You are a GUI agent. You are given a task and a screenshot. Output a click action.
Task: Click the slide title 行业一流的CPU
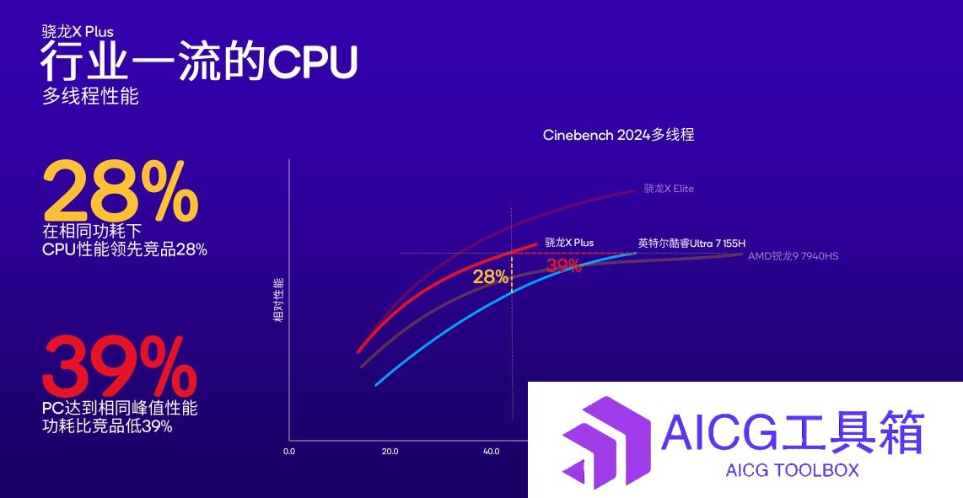pos(198,62)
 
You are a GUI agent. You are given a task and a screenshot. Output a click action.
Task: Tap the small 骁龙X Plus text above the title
pos(78,31)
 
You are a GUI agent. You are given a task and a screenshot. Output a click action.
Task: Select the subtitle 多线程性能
pos(90,96)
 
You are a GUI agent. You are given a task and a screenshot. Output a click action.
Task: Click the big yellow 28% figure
pos(121,190)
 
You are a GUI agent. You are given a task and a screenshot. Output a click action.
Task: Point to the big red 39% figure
pos(120,367)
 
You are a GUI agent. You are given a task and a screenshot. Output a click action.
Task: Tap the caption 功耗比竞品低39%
pos(107,426)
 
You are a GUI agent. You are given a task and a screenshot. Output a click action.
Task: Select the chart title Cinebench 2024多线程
pos(618,135)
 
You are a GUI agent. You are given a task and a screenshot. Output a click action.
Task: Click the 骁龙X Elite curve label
pos(669,189)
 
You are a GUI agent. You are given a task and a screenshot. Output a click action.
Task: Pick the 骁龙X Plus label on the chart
pos(569,243)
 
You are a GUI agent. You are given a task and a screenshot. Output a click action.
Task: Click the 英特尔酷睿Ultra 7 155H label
pos(691,244)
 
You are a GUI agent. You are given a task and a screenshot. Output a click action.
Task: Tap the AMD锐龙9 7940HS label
pos(793,255)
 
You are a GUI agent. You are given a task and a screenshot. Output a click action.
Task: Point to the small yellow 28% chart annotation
pos(491,277)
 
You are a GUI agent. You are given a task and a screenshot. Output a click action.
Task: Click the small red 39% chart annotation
pos(564,265)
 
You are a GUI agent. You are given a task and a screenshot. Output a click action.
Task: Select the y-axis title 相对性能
pos(278,300)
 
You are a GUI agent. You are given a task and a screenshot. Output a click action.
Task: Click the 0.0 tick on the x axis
pos(289,452)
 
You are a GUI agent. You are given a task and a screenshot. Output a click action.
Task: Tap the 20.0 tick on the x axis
pos(390,452)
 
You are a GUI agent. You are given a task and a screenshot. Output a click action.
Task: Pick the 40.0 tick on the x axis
pos(491,452)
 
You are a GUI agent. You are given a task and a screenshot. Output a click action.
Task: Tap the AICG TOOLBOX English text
pos(792,470)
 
